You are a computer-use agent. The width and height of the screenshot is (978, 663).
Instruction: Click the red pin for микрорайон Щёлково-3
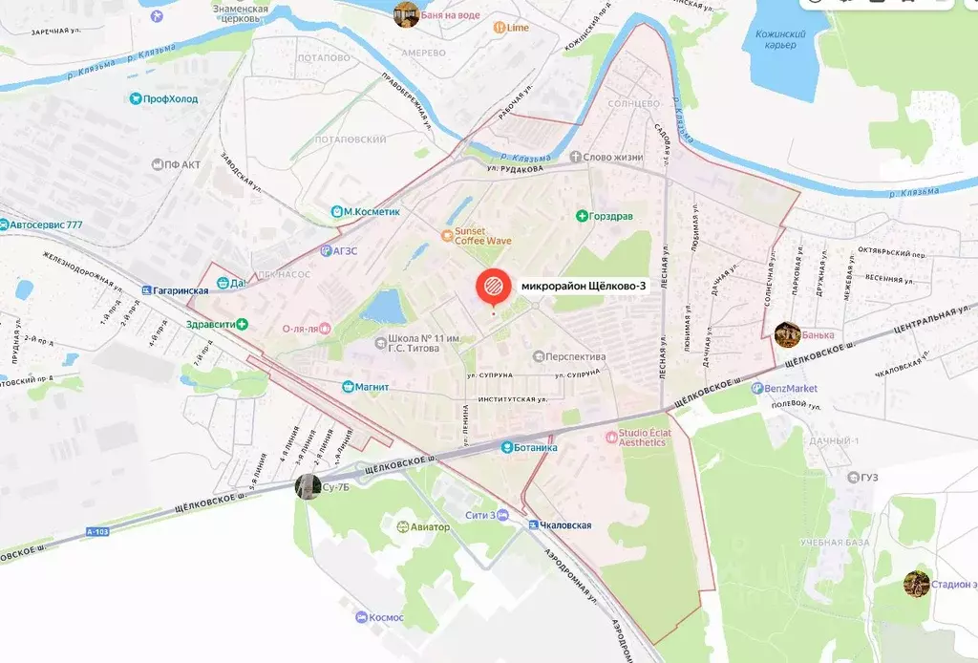point(492,287)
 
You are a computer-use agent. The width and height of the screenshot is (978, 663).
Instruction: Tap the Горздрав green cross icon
point(582,217)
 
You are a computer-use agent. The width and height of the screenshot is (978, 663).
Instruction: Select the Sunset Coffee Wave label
point(469,236)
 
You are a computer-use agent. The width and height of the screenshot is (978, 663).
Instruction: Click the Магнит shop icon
point(349,386)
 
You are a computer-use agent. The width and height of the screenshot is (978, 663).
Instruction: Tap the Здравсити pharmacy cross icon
point(243,325)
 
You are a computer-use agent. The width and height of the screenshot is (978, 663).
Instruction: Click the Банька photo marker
point(787,333)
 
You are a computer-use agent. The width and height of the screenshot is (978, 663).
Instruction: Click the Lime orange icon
point(500,28)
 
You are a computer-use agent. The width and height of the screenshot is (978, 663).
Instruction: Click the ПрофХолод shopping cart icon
point(135,98)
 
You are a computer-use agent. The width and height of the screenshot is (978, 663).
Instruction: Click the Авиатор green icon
point(403,526)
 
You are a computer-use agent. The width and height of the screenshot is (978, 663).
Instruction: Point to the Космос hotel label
point(388,617)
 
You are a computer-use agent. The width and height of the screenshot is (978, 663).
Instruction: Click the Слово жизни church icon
point(575,157)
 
